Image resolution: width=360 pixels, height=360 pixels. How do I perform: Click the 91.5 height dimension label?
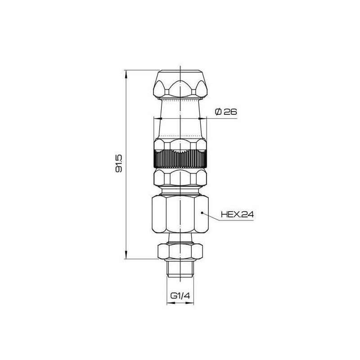pyautogui.click(x=119, y=164)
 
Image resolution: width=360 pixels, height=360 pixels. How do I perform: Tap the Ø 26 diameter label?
pyautogui.click(x=226, y=112)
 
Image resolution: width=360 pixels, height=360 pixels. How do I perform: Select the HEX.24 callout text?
pyautogui.click(x=238, y=215)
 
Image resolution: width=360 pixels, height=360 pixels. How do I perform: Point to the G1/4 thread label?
pyautogui.click(x=180, y=296)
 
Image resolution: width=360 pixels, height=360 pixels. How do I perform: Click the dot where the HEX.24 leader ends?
pyautogui.click(x=202, y=213)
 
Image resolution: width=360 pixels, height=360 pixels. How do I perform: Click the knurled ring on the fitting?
pyautogui.click(x=180, y=158)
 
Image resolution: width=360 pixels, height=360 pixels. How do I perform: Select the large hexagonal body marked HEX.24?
pyautogui.click(x=180, y=214)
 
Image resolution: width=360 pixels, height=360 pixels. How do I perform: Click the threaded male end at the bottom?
pyautogui.click(x=180, y=269)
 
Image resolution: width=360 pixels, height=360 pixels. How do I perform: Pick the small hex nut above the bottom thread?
pyautogui.click(x=180, y=252)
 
